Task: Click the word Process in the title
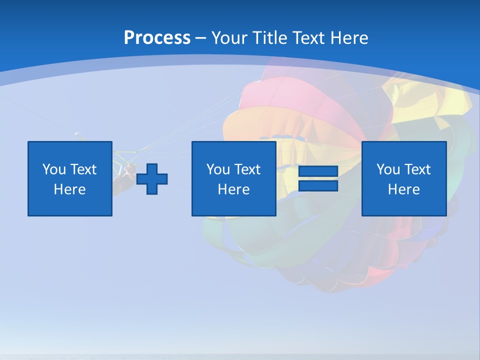click(157, 38)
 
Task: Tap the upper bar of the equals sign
click(318, 171)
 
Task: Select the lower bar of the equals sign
click(318, 186)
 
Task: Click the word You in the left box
click(54, 169)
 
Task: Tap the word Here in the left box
click(70, 189)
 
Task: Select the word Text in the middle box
click(247, 169)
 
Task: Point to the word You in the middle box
click(218, 169)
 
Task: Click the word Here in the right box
click(403, 189)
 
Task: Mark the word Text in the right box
click(417, 169)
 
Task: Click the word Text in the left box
click(83, 169)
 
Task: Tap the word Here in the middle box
click(233, 189)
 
